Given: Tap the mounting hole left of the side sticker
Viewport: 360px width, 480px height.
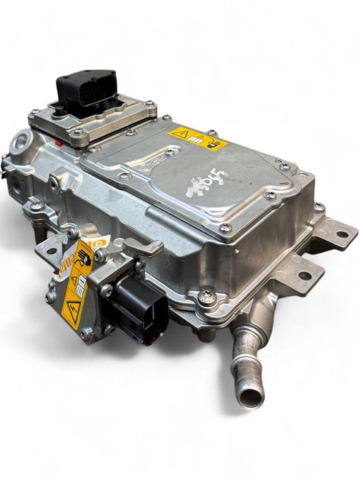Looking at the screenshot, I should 50,249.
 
